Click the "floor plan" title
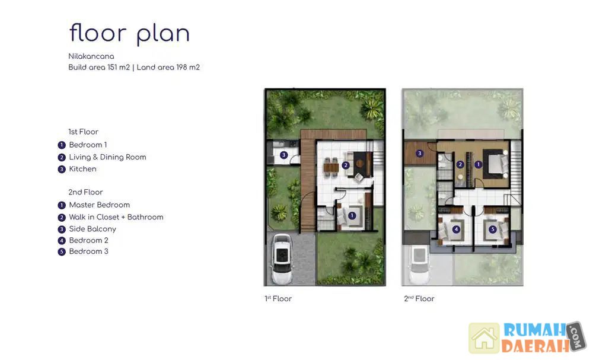tap(129, 34)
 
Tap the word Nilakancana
tap(91, 56)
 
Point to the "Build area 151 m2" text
tap(98, 67)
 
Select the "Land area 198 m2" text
tap(168, 67)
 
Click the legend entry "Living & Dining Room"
tap(107, 157)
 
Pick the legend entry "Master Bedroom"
tap(99, 205)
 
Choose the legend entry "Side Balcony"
tap(93, 229)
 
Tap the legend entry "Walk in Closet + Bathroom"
tap(116, 217)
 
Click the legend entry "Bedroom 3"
tap(88, 251)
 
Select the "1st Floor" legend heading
tap(83, 132)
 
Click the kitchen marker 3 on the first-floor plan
tap(283, 155)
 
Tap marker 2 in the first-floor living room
tap(345, 165)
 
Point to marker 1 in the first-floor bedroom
tap(352, 215)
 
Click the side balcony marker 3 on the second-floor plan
tap(419, 154)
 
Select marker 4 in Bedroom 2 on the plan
tap(457, 229)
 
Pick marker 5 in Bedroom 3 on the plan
tap(492, 229)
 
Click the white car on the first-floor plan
tap(282, 259)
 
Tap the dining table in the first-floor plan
tap(331, 167)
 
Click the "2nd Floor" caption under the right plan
tap(419, 299)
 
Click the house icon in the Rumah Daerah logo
tap(484, 337)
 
